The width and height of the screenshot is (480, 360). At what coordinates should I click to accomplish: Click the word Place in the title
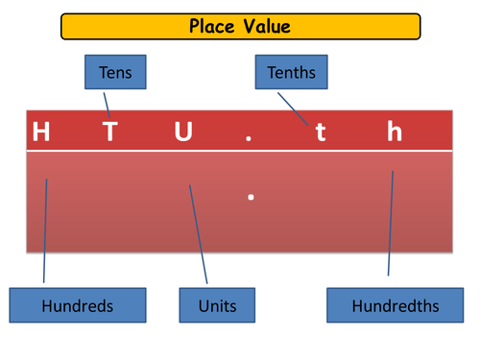click(212, 26)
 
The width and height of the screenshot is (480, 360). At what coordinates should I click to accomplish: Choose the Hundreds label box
click(78, 306)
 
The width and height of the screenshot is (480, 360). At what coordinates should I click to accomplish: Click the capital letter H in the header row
click(41, 132)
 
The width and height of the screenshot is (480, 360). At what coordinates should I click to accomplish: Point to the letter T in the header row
click(110, 132)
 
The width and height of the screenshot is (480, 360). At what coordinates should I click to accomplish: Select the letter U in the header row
click(182, 132)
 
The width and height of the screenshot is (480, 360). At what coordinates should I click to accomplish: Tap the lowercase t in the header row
click(321, 132)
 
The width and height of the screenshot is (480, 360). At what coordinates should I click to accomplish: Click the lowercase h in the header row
click(395, 132)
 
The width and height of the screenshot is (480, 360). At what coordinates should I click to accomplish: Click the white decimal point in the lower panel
click(250, 197)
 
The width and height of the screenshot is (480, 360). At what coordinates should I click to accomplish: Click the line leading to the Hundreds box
click(45, 230)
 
